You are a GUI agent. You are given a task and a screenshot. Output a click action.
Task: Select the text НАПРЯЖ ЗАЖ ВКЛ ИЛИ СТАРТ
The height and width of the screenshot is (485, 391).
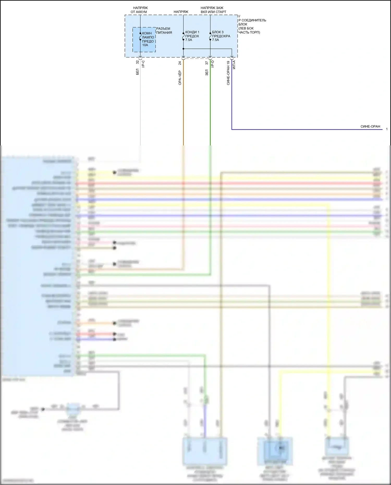click(213, 10)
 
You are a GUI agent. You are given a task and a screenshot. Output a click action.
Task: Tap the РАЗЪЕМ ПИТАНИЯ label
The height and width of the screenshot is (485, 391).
click(164, 30)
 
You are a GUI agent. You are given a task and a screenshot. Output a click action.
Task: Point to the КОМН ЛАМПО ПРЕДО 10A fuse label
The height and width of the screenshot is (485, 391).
click(148, 39)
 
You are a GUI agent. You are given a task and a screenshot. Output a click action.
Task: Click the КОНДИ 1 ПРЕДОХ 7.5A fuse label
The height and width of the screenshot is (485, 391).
click(192, 36)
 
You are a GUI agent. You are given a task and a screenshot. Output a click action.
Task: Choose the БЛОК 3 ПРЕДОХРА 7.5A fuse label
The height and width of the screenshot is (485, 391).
click(221, 36)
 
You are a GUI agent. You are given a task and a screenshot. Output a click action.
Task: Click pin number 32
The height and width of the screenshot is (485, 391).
click(137, 62)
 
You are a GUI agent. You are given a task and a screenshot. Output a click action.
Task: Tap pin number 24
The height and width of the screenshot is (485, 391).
click(180, 63)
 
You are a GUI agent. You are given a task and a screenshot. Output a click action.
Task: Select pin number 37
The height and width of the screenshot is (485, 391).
click(207, 63)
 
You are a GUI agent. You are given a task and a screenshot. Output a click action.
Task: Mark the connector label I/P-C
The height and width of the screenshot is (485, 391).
click(143, 64)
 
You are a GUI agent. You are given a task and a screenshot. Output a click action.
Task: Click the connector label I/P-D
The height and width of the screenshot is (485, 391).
click(212, 64)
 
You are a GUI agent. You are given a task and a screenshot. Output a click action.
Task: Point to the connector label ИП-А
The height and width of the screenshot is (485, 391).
click(234, 65)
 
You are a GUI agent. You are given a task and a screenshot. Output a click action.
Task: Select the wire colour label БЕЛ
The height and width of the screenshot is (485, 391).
click(137, 72)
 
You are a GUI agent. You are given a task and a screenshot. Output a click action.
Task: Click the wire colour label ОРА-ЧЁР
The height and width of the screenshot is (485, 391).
click(180, 78)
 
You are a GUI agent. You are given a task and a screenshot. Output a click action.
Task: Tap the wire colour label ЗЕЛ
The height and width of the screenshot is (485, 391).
click(207, 72)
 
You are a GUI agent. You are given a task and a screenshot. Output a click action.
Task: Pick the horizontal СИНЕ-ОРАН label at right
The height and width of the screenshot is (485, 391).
click(370, 126)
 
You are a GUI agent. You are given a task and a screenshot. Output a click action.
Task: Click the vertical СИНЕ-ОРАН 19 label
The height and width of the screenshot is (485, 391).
click(228, 73)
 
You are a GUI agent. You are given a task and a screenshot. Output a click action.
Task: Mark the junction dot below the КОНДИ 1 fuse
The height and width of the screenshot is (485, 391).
click(183, 49)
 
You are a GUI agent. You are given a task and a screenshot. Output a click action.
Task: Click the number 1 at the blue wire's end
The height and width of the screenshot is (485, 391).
click(387, 129)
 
